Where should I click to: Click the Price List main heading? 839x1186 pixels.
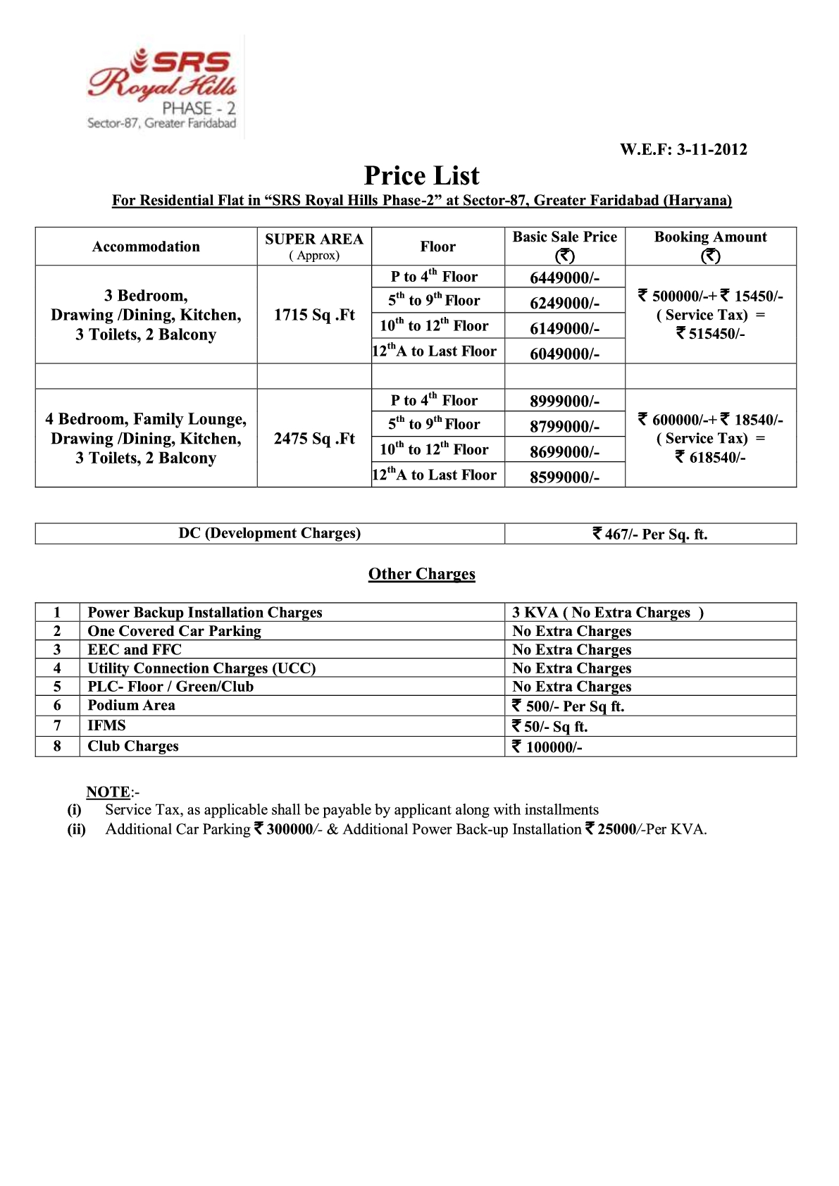coord(421,175)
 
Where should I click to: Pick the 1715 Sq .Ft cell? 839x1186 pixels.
coord(314,315)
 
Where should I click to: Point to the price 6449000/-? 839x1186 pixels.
coord(564,277)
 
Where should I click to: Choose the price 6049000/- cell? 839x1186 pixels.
coord(564,354)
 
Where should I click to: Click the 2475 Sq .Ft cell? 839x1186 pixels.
coord(314,439)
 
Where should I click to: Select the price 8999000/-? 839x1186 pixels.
coord(564,401)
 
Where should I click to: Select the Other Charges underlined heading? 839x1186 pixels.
coord(421,574)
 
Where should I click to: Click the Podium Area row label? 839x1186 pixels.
coord(131,706)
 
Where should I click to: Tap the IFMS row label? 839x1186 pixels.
coord(106,725)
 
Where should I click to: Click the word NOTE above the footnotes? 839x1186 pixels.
coord(108,792)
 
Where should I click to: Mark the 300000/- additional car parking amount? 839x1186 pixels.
coord(289,830)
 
